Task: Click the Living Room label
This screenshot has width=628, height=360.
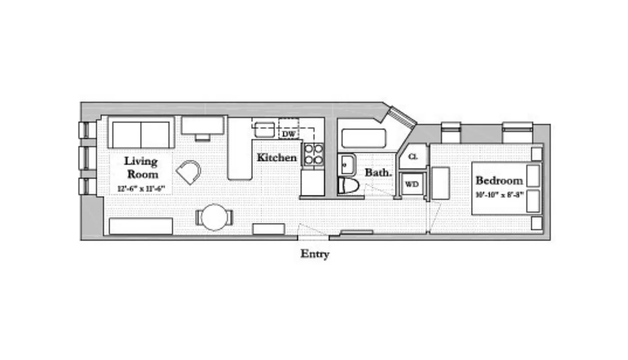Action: click(141, 167)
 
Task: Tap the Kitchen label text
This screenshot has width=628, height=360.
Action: click(276, 157)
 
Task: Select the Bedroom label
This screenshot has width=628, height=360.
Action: click(499, 181)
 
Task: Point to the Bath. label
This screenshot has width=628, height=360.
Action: click(378, 172)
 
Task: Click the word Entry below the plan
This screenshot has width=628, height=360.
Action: click(315, 254)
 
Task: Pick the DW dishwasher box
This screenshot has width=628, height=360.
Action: click(288, 134)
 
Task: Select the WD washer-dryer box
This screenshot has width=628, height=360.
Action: click(412, 184)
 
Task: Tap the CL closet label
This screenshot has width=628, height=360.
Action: click(413, 157)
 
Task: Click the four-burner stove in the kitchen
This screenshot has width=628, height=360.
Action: click(313, 154)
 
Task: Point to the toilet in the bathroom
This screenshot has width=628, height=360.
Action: click(348, 185)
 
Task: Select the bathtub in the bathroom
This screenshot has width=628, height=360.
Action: click(363, 138)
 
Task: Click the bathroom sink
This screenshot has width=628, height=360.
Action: click(346, 164)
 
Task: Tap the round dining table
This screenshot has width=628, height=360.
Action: click(214, 217)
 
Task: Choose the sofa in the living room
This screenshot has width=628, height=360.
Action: click(141, 133)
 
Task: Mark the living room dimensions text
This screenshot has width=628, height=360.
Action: click(141, 189)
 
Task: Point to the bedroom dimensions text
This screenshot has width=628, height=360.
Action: click(499, 195)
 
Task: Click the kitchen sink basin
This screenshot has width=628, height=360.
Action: click(265, 130)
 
